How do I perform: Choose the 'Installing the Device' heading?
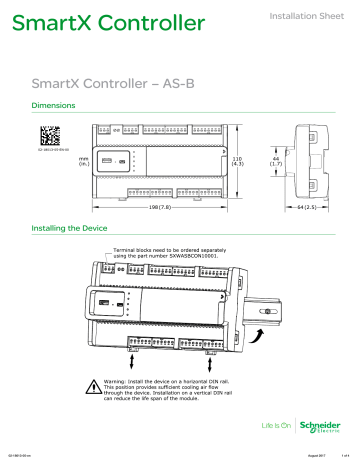point(74,228)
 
